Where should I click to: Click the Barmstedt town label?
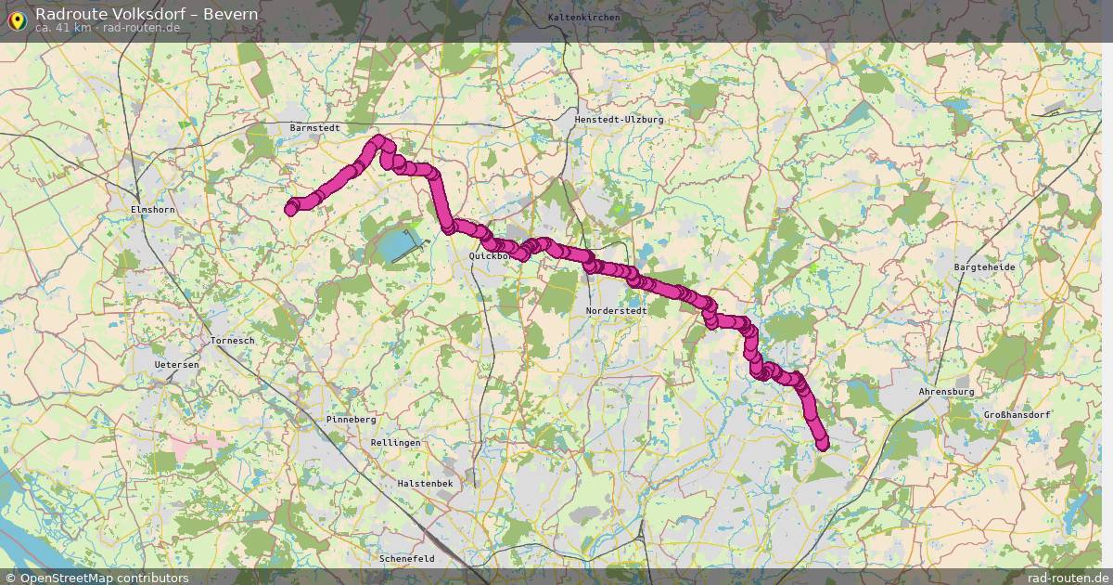[315, 127]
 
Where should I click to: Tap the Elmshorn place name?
[153, 211]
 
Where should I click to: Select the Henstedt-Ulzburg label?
[619, 120]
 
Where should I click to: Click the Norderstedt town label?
[616, 311]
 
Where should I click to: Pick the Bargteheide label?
[984, 266]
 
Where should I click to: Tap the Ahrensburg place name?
[946, 392]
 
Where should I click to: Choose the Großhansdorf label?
[1017, 415]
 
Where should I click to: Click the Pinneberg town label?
[351, 420]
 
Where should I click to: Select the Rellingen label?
[395, 443]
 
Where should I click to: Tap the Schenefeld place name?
[407, 559]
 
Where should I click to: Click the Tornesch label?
[232, 341]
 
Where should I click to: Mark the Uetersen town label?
[176, 365]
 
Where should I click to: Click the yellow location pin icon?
[17, 19]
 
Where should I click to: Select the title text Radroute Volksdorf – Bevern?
[147, 14]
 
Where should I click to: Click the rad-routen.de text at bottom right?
[1067, 578]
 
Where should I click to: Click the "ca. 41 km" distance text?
[63, 28]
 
